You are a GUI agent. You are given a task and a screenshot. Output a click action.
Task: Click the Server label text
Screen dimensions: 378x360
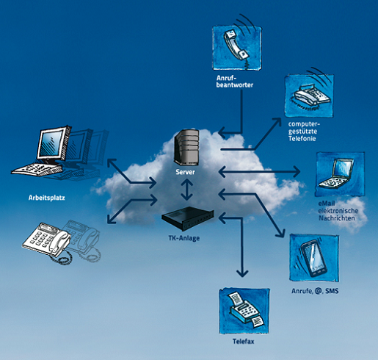(x=185, y=172)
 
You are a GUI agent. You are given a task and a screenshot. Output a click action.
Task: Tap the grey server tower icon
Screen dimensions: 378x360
(x=186, y=148)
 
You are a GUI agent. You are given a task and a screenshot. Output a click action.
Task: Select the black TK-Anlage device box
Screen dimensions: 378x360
(x=188, y=218)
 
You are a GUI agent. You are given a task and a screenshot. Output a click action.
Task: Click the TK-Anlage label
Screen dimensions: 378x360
(x=184, y=238)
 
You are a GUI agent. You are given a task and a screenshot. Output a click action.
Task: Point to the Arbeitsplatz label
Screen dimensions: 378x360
(x=47, y=198)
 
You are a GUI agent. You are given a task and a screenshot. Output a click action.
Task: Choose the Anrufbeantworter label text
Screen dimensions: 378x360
(x=235, y=82)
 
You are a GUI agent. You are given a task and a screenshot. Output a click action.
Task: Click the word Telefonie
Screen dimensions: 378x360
(x=302, y=138)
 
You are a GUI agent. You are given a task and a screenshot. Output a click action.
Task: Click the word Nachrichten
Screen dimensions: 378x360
(x=337, y=218)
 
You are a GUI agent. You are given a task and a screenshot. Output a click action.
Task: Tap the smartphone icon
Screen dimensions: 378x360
(x=314, y=258)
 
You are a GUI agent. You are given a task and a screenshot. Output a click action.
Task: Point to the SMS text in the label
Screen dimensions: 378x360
(x=332, y=291)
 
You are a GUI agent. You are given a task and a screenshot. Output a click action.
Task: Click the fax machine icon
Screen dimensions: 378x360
(x=244, y=311)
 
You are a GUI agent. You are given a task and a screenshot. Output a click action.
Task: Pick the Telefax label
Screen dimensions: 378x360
(x=243, y=342)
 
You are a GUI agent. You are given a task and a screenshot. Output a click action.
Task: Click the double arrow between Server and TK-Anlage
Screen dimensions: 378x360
(x=187, y=190)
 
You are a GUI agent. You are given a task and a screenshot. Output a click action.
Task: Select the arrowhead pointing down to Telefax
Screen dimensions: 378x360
(x=242, y=273)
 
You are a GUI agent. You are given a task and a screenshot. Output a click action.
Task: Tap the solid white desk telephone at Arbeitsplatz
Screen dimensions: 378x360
(x=47, y=241)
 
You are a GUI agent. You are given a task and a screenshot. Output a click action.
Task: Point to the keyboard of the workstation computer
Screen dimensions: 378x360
(x=37, y=169)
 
